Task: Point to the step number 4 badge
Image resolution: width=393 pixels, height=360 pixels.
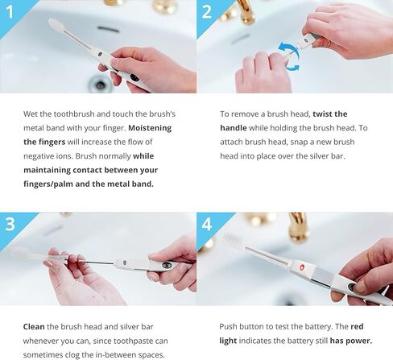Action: tap(206, 223)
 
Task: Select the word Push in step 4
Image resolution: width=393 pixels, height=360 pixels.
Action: tap(230, 328)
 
